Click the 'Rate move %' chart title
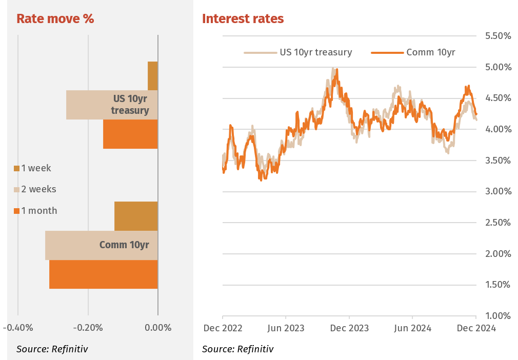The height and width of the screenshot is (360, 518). (x=55, y=19)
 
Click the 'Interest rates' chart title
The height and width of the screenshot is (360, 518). (x=243, y=19)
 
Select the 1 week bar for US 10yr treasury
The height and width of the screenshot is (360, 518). (x=153, y=76)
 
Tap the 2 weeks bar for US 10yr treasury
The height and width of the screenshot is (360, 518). (x=87, y=105)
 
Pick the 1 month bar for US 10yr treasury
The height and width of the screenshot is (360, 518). (x=130, y=134)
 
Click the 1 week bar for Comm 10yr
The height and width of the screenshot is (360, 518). (x=136, y=216)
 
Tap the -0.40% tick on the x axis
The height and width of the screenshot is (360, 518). (x=18, y=328)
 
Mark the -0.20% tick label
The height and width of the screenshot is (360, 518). (x=88, y=328)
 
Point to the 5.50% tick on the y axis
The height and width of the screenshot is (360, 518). (x=497, y=36)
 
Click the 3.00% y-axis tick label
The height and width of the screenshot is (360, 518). (x=497, y=191)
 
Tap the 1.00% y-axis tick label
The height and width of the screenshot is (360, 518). (x=497, y=316)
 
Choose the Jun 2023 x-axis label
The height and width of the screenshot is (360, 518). (x=286, y=328)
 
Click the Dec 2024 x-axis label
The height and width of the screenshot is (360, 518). (x=476, y=328)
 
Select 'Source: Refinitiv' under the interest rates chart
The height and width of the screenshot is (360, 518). (x=237, y=349)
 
